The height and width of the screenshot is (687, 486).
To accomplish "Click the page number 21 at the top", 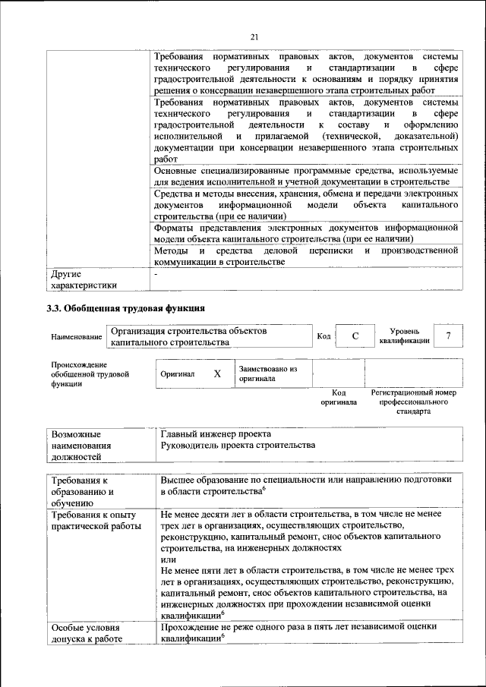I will tap(254, 36).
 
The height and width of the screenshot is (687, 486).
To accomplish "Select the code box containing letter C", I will tap(355, 336).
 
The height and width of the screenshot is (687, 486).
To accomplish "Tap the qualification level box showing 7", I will tap(448, 336).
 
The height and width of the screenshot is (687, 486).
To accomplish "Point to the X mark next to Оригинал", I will tap(217, 374).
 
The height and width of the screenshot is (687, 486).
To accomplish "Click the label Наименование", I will tap(76, 337).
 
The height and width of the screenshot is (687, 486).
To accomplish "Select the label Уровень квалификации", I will tap(404, 336).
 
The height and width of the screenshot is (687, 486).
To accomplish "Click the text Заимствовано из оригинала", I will tap(267, 373).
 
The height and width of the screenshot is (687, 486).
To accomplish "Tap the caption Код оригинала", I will tap(339, 397).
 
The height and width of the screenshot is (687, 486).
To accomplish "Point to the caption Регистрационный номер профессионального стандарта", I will tap(413, 402).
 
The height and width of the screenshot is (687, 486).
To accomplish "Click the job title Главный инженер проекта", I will tap(216, 433).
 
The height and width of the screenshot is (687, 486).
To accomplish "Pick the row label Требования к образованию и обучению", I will tap(83, 491).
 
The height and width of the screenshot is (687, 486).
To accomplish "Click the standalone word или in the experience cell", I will tap(168, 558).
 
